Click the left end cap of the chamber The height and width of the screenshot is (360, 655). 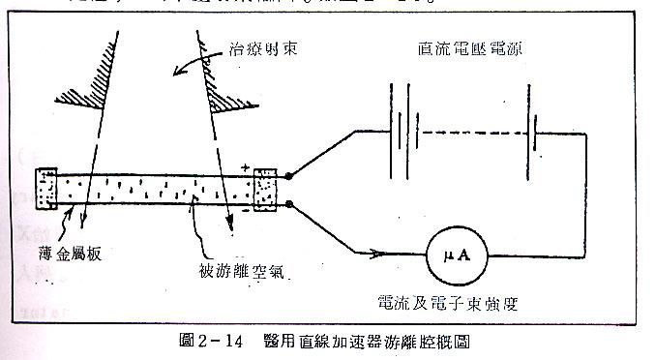point(45,191)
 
